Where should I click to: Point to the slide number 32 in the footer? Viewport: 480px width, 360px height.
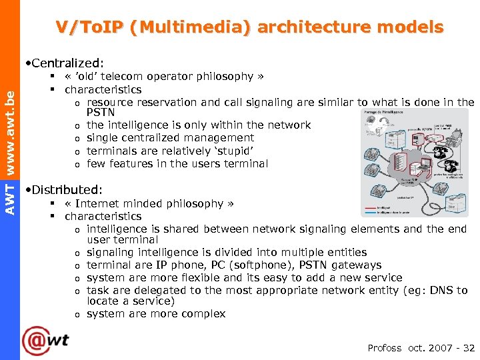pyautogui.click(x=469, y=348)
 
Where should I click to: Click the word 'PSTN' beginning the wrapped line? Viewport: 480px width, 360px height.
pyautogui.click(x=101, y=113)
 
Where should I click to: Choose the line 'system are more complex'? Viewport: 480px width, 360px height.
pyautogui.click(x=156, y=314)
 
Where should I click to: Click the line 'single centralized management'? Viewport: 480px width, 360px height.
pyautogui.click(x=170, y=138)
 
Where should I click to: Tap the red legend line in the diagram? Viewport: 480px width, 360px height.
pyautogui.click(x=370, y=207)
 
